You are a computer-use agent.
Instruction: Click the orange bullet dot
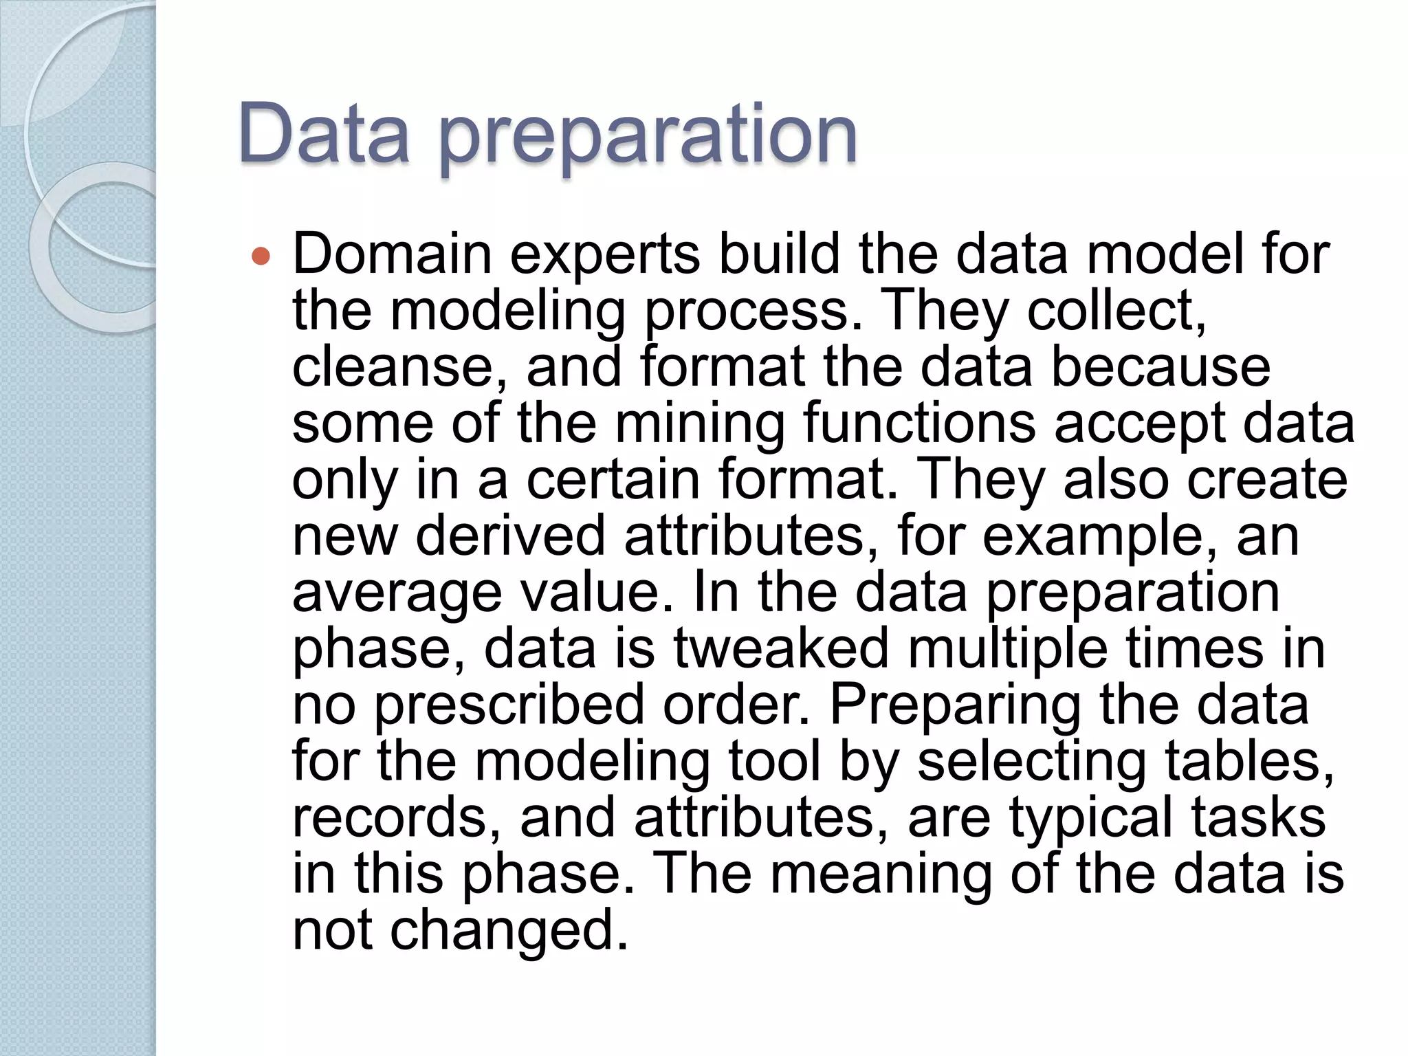click(261, 256)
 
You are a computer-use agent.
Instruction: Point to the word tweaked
click(781, 648)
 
